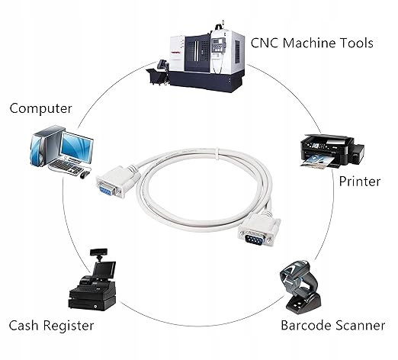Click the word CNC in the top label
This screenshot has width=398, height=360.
(x=265, y=43)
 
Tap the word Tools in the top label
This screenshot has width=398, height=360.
(x=357, y=43)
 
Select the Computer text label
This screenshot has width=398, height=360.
(x=40, y=108)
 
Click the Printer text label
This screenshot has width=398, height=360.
(x=360, y=182)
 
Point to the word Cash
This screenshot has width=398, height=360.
(x=24, y=326)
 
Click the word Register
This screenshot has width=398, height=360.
(x=68, y=326)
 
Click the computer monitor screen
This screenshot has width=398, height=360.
(x=77, y=147)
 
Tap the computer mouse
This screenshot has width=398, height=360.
(x=85, y=175)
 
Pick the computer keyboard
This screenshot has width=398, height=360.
(x=66, y=167)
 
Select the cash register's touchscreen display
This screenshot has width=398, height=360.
(x=104, y=269)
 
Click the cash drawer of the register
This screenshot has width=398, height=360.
(x=92, y=303)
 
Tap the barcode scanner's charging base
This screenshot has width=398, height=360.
(x=303, y=304)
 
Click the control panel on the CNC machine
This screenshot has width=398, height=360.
(x=219, y=45)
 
